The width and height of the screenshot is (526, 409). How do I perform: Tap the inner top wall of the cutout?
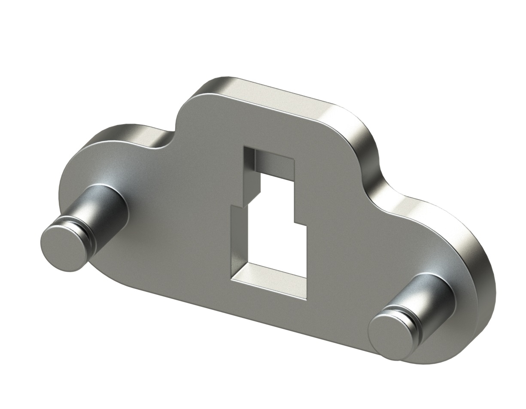(x=275, y=161)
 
